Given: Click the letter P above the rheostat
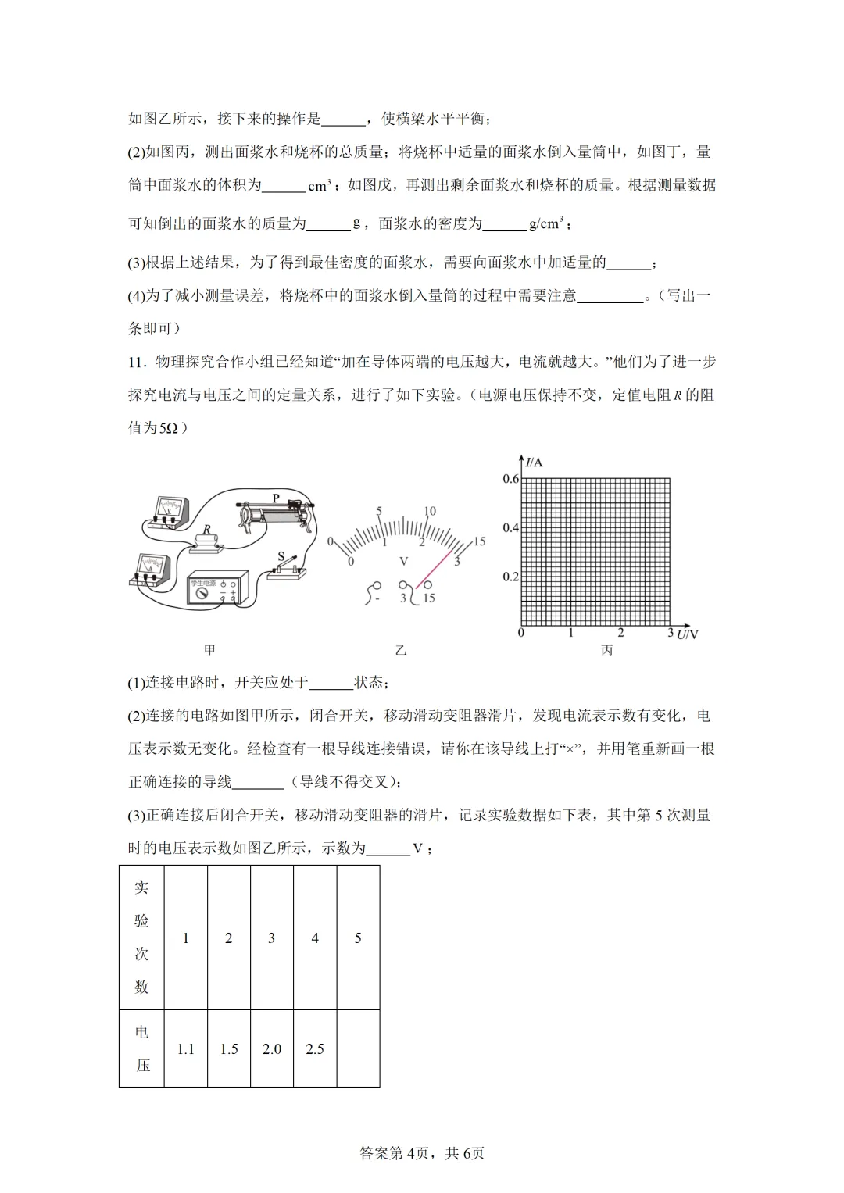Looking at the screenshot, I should click(276, 498).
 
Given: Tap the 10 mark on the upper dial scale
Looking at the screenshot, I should click(429, 511).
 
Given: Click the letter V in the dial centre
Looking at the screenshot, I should click(403, 561).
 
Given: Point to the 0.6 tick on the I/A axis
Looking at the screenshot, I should click(510, 479).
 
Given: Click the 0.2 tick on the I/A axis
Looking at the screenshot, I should click(510, 577).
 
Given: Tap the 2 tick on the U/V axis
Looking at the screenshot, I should click(620, 633).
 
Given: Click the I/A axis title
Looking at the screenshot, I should click(534, 463).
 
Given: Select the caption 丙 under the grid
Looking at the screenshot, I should click(606, 650).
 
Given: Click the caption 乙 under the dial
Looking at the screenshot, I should click(401, 650).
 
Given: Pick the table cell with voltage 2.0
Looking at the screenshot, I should click(272, 1048).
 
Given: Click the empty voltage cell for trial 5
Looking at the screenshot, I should click(358, 1048).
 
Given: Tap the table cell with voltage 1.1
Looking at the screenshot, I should click(185, 1048).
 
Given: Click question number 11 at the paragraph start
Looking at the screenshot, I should click(137, 362).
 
